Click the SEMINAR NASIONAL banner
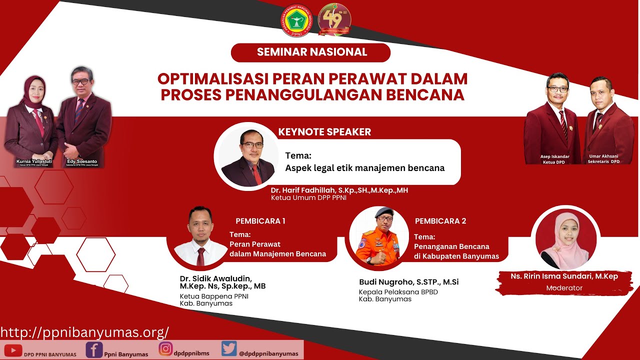pyautogui.click(x=310, y=52)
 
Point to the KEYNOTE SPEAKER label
pyautogui.click(x=324, y=132)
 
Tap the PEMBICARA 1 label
pyautogui.click(x=260, y=220)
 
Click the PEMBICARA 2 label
pyautogui.click(x=440, y=220)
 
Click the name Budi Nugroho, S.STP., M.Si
pyautogui.click(x=408, y=282)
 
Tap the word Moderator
pyautogui.click(x=564, y=288)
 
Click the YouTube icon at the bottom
pyautogui.click(x=13, y=351)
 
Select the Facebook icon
pyautogui.click(x=94, y=349)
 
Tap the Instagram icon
pyautogui.click(x=165, y=348)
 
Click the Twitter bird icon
pyautogui.click(x=229, y=348)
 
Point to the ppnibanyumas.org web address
pyautogui.click(x=84, y=332)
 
